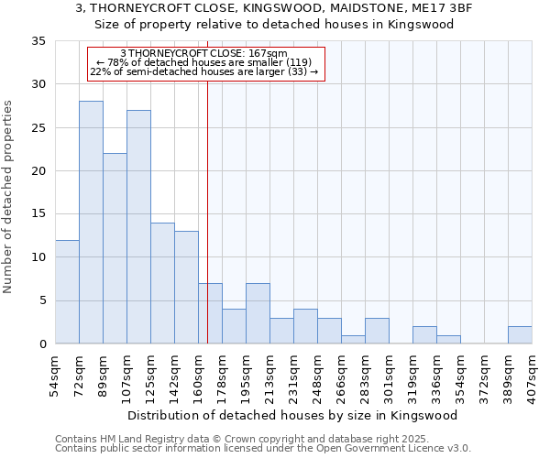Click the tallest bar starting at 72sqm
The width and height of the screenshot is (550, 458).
[x=91, y=223]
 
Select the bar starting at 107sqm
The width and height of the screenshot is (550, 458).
[x=138, y=227]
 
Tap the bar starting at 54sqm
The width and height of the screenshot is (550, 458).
[x=67, y=291]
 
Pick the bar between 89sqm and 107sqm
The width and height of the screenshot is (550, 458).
[x=115, y=248]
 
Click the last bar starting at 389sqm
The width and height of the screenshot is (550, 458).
[x=520, y=335]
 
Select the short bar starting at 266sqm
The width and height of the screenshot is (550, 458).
[x=353, y=339]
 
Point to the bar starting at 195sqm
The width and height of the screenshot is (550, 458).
[x=258, y=313]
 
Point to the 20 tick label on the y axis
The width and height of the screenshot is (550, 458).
[x=38, y=171]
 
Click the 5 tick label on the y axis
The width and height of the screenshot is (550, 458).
[x=42, y=301]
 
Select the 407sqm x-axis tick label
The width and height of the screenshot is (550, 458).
[x=533, y=376]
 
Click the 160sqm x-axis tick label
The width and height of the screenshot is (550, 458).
[x=199, y=376]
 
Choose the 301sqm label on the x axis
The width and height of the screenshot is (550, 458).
[x=390, y=376]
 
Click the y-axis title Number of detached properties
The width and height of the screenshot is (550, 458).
[x=9, y=197]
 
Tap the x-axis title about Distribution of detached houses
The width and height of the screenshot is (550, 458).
[x=292, y=415]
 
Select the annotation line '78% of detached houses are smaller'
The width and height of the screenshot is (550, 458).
[x=203, y=62]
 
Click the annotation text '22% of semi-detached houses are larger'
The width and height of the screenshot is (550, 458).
[x=203, y=71]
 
